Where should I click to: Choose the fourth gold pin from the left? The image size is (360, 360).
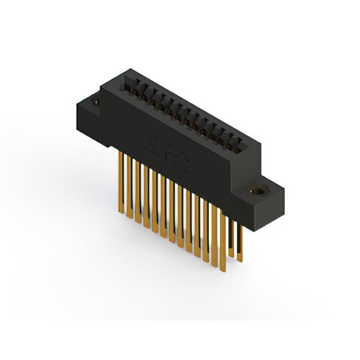tap(146, 197)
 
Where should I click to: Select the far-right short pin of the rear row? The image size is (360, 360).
tap(240, 242)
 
